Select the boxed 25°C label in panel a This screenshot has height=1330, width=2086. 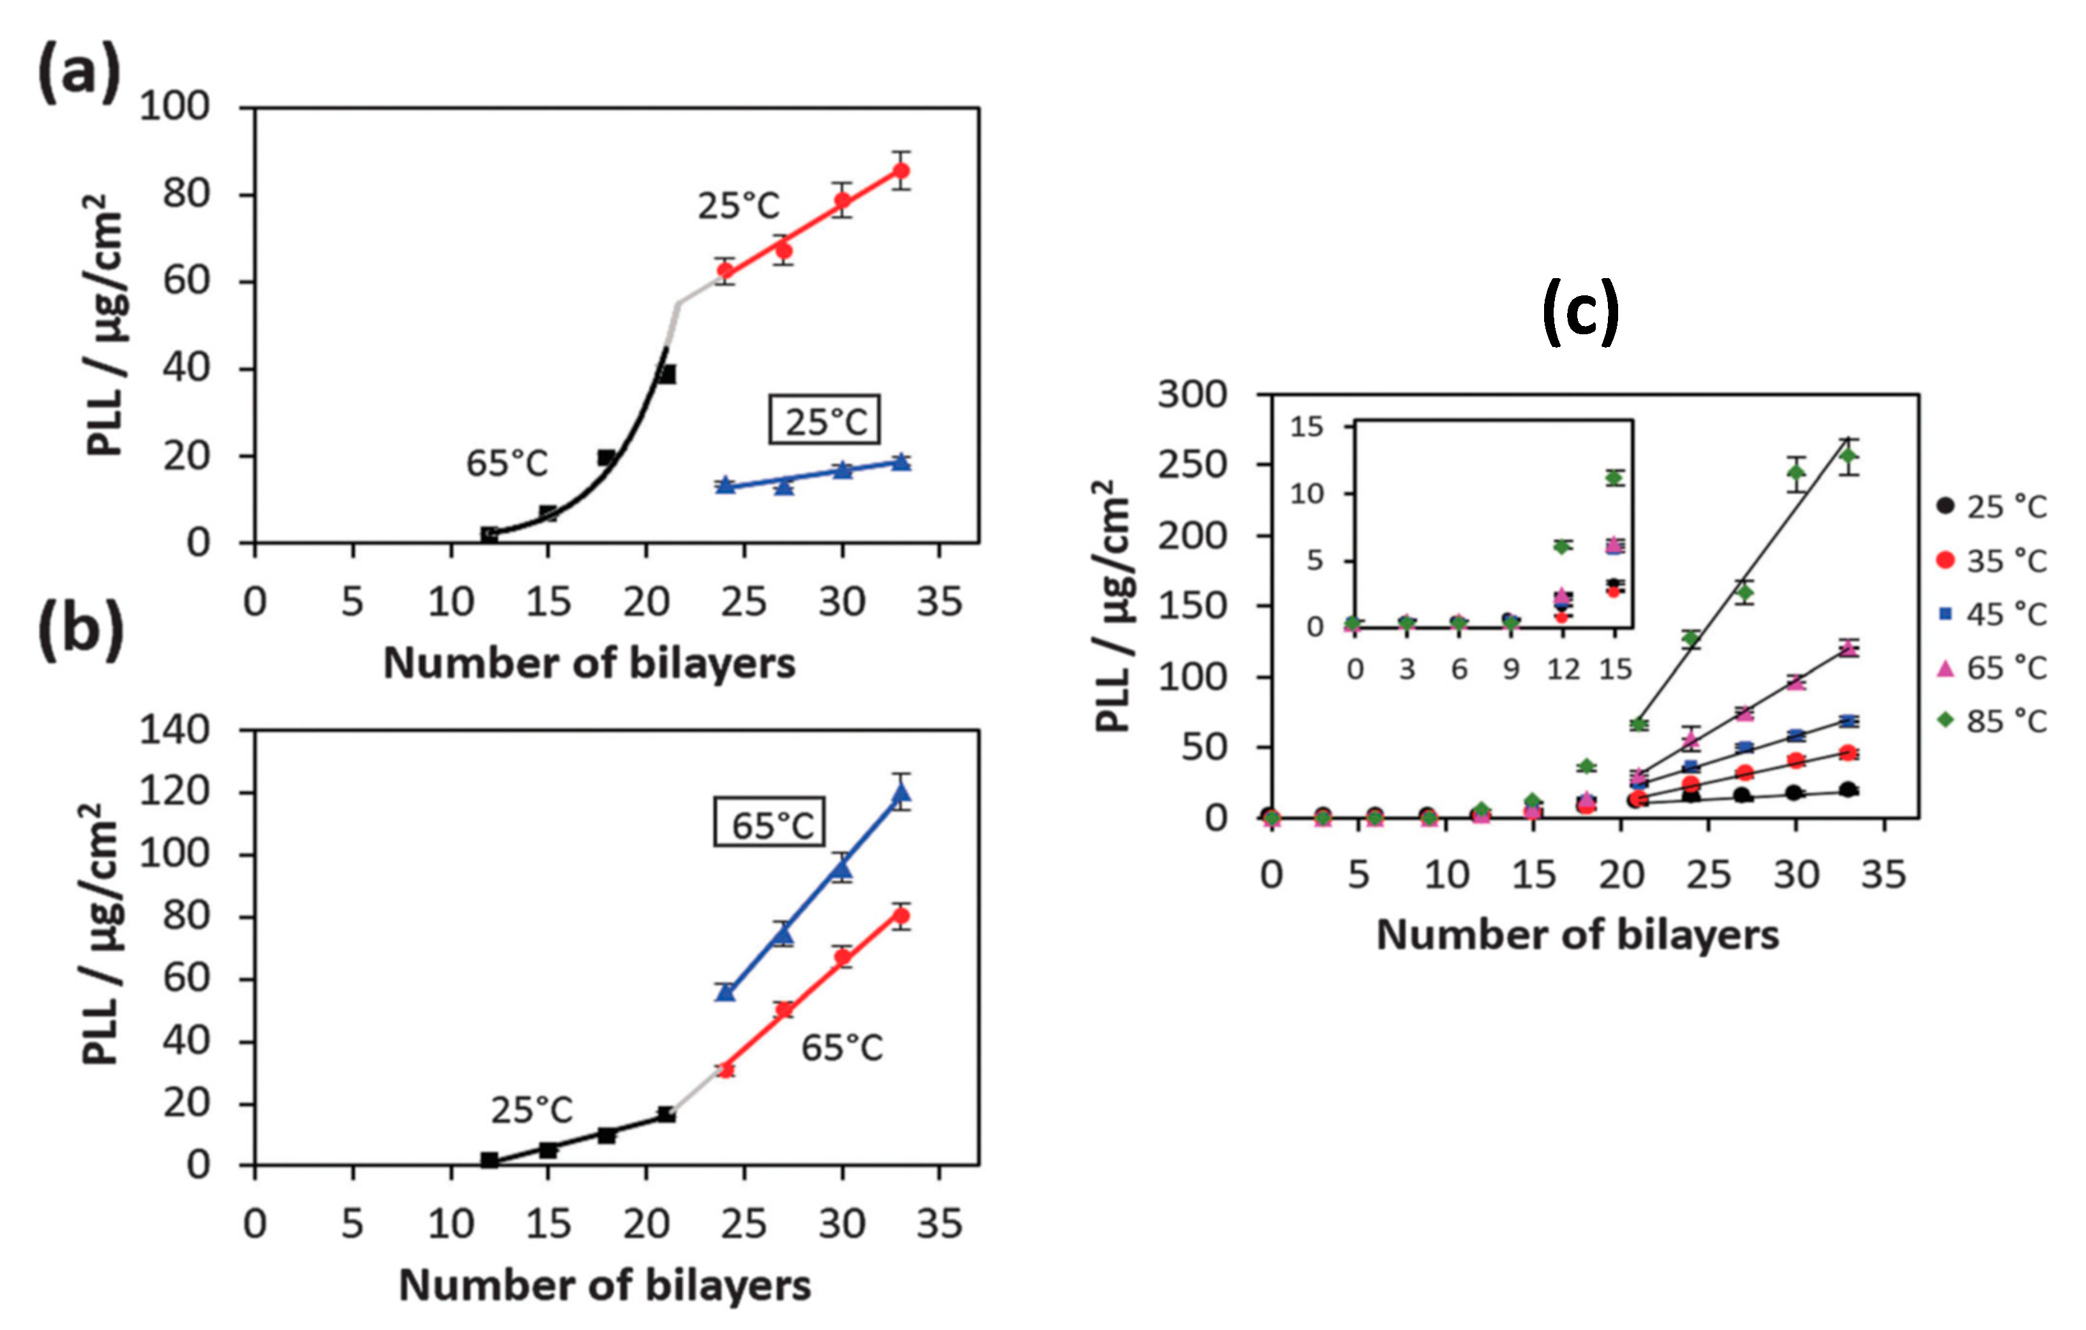[825, 422]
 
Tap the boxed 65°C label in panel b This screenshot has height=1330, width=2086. [769, 824]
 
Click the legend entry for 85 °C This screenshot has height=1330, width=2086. [1992, 720]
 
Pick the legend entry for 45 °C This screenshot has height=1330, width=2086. [1992, 614]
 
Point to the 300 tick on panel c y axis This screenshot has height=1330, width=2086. [1194, 395]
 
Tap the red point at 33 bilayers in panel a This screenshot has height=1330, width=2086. [901, 170]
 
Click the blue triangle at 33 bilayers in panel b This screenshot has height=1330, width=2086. [901, 792]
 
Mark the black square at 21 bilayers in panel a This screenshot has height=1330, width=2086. [666, 374]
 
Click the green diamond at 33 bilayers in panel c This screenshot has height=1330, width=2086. [1848, 455]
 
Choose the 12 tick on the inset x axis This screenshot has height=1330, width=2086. [1563, 669]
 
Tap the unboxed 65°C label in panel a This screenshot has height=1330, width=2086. [507, 463]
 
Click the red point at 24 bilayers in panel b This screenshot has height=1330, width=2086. [726, 1069]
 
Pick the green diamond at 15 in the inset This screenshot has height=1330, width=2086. [1614, 477]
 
